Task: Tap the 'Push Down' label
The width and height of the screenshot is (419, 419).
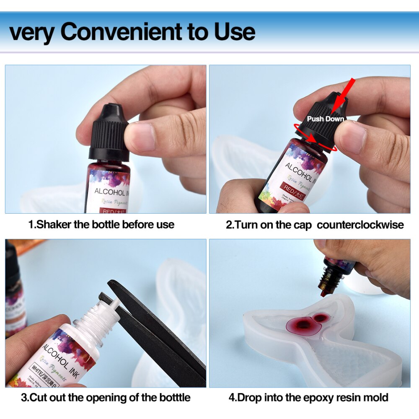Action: [x=325, y=119]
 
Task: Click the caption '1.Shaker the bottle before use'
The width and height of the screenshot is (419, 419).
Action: [x=101, y=225]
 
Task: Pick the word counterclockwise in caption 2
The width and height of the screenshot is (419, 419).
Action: [x=360, y=225]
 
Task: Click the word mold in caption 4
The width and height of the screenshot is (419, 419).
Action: [x=376, y=397]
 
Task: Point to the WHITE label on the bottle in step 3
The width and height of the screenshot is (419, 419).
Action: [x=53, y=368]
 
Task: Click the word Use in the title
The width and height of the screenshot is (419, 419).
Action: [x=235, y=32]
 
